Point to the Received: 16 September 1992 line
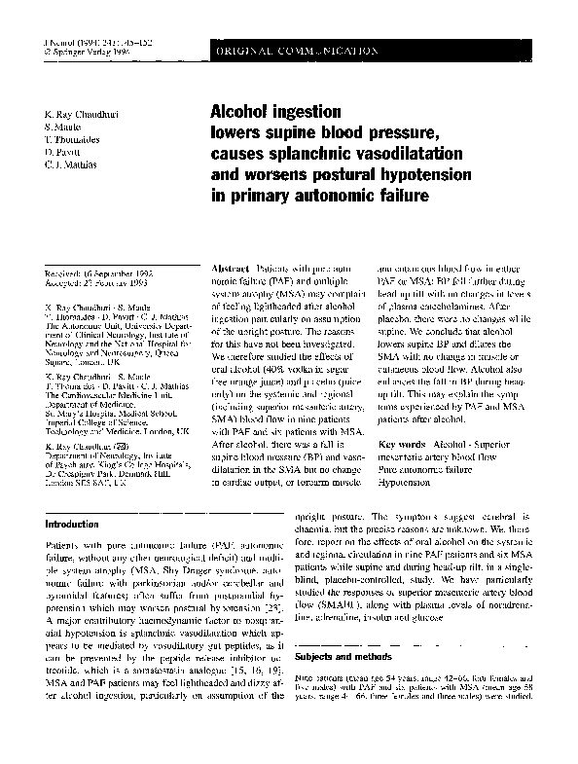(93, 274)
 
